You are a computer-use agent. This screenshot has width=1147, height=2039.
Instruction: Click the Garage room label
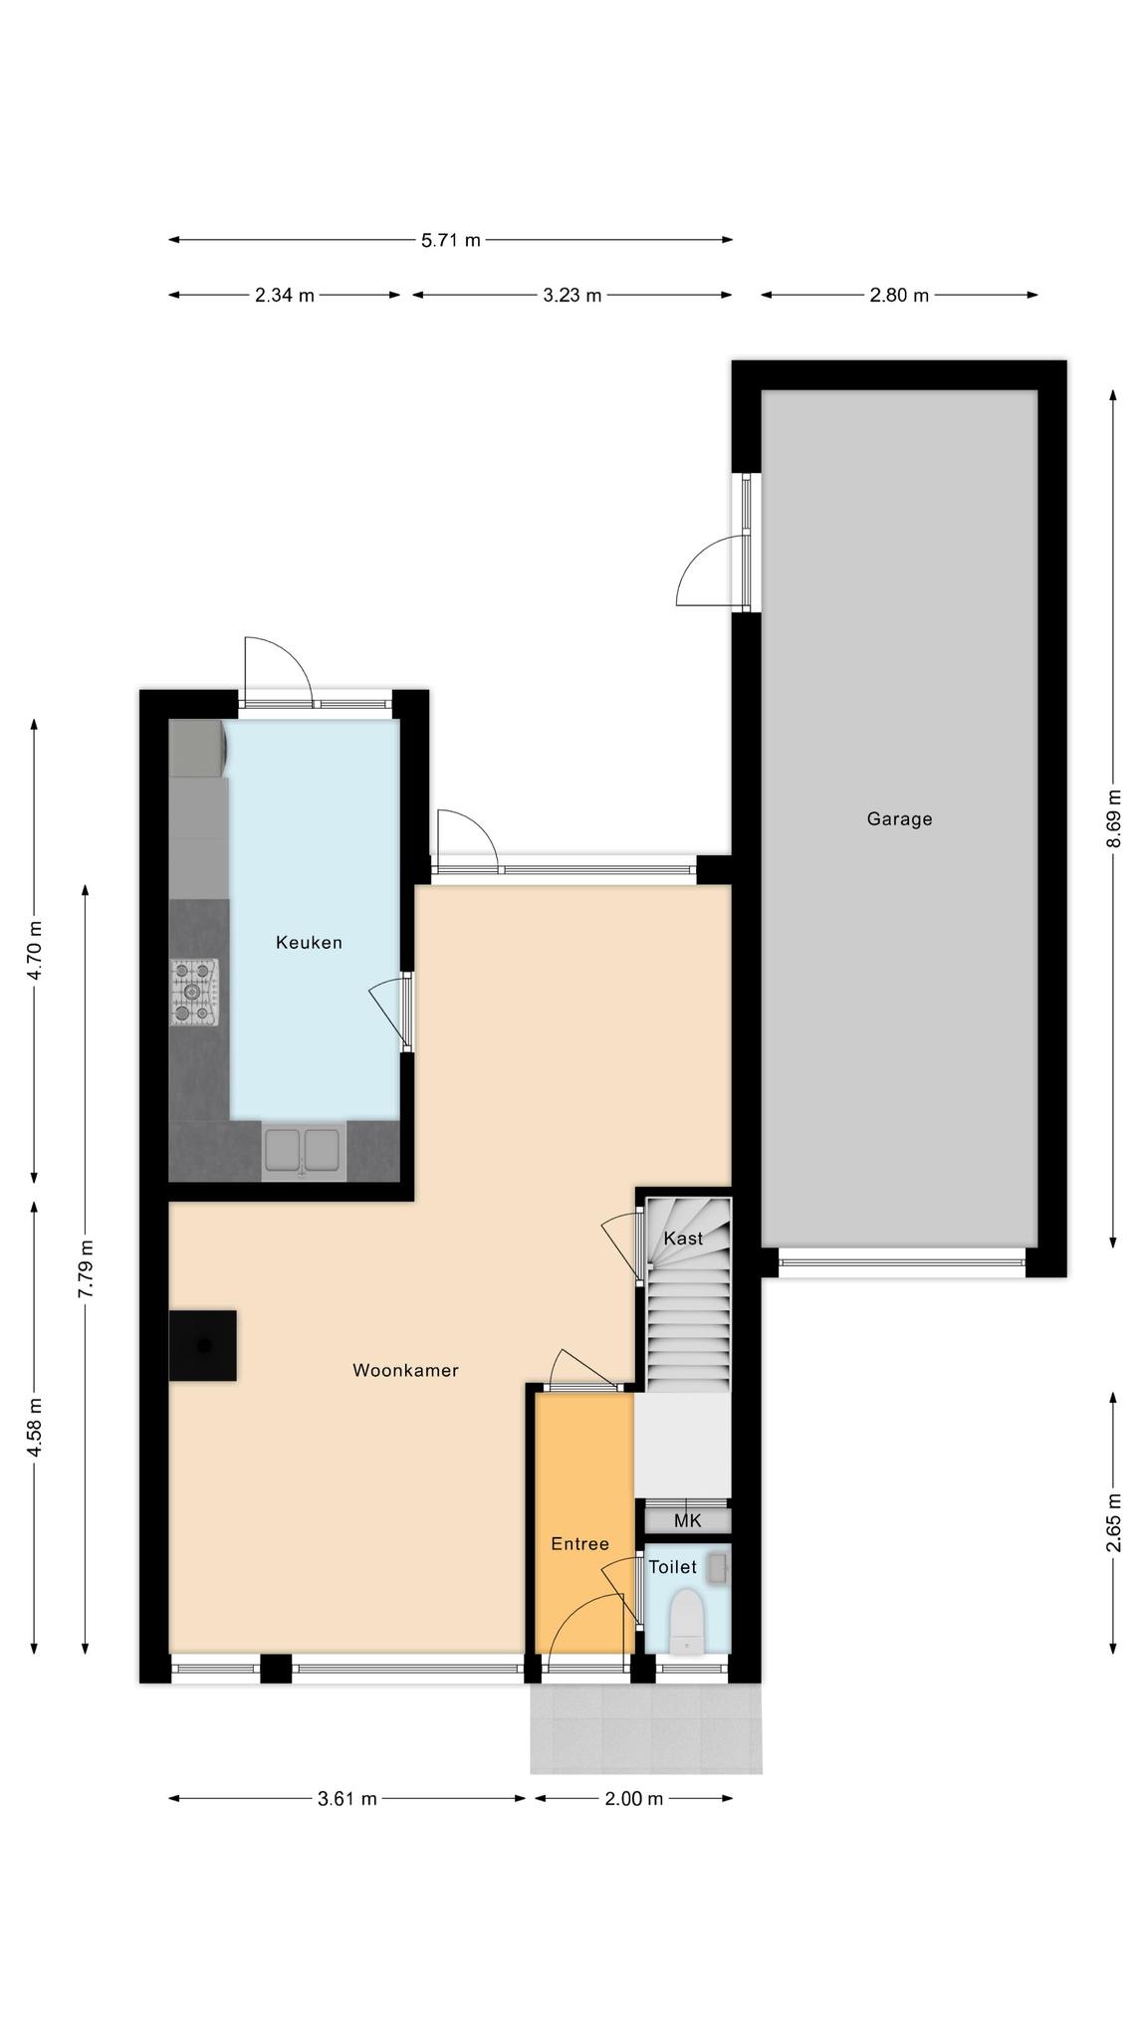899,819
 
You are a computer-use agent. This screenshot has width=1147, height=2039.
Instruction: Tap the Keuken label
309,943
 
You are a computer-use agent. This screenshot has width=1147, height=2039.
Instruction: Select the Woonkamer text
405,1371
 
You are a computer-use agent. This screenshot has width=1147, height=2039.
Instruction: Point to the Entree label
579,1544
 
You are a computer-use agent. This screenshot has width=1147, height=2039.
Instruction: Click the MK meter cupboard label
688,1520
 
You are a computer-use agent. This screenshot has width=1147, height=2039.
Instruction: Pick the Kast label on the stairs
683,1239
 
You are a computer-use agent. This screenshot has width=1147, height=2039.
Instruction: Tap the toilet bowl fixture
686,1622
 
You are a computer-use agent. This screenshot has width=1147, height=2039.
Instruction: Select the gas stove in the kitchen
194,992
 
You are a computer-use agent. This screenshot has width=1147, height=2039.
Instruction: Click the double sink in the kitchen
304,1151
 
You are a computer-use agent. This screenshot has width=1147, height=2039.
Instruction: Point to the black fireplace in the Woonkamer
203,1345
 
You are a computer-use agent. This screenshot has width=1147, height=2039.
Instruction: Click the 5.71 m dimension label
451,240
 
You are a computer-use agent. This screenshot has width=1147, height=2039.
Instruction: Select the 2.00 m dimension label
633,1799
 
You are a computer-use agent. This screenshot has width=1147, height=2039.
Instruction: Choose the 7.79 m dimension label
86,1268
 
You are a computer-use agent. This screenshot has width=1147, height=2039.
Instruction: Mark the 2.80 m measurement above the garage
899,296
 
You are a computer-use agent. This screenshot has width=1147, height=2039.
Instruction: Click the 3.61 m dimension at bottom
347,1799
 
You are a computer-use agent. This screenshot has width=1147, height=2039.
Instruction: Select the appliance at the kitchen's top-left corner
198,749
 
